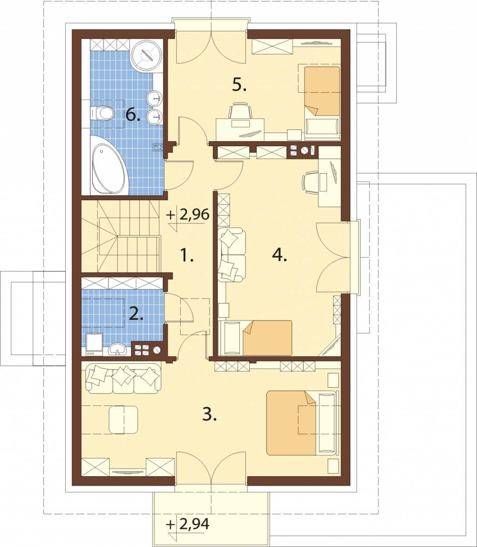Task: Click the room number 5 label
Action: pyautogui.click(x=239, y=85)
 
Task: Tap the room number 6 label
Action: pyautogui.click(x=133, y=114)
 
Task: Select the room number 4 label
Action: pyautogui.click(x=279, y=255)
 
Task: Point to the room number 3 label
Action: pyautogui.click(x=210, y=414)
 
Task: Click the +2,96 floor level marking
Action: pyautogui.click(x=188, y=215)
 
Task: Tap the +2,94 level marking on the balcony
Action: pyautogui.click(x=188, y=524)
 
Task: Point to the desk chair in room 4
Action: pyautogui.click(x=310, y=182)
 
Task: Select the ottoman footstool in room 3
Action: pyautogui.click(x=123, y=419)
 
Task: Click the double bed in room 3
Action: pyautogui.click(x=302, y=423)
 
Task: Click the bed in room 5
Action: pyautogui.click(x=322, y=101)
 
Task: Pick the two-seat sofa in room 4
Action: pyautogui.click(x=231, y=255)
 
